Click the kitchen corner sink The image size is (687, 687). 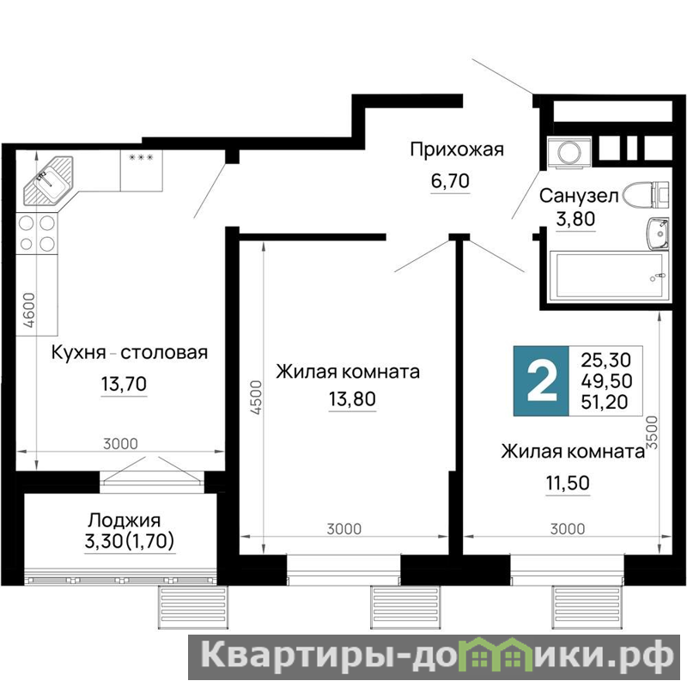[x=49, y=181]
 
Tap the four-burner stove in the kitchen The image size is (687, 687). [x=37, y=233]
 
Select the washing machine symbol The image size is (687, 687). [x=569, y=153]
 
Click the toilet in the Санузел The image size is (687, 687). [x=647, y=196]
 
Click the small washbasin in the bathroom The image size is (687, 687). [x=658, y=234]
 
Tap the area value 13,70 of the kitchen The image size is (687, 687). [x=124, y=384]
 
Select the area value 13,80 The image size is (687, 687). [x=352, y=399]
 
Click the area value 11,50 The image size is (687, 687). [x=568, y=483]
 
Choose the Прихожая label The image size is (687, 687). [x=457, y=150]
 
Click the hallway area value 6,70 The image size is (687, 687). [x=450, y=180]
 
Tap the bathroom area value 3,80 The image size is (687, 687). [x=575, y=218]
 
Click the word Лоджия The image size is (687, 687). [x=125, y=520]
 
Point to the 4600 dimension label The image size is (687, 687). [x=29, y=310]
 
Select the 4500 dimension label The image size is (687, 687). [x=256, y=398]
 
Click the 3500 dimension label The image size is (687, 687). [x=653, y=433]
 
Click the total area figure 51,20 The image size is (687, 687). [x=605, y=402]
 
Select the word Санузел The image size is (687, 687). [x=579, y=196]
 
